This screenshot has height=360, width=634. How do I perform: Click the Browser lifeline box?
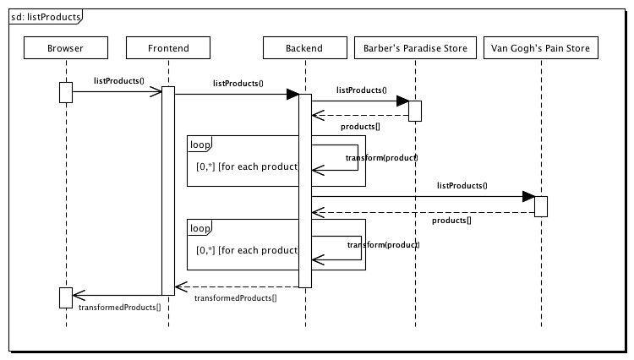pyautogui.click(x=66, y=49)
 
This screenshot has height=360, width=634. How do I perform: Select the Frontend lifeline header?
pyautogui.click(x=167, y=49)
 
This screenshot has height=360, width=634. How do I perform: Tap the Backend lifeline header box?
pyautogui.click(x=304, y=49)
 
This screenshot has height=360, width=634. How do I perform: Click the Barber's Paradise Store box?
pyautogui.click(x=415, y=49)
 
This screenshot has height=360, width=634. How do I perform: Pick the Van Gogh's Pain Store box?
pyautogui.click(x=541, y=49)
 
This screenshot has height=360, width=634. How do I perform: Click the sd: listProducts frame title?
pyautogui.click(x=46, y=17)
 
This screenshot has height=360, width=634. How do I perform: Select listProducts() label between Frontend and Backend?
pyautogui.click(x=238, y=84)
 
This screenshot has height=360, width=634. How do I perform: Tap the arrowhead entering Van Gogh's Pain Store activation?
pyautogui.click(x=528, y=197)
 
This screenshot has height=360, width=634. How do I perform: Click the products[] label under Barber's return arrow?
pyautogui.click(x=360, y=127)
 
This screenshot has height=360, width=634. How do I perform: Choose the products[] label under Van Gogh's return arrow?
pyautogui.click(x=451, y=221)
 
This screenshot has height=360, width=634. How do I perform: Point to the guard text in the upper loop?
pyautogui.click(x=247, y=166)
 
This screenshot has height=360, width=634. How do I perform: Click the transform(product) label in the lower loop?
pyautogui.click(x=383, y=245)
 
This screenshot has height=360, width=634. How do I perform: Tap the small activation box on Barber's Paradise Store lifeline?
pyautogui.click(x=415, y=111)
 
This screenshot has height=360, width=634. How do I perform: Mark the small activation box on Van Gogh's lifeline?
pyautogui.click(x=541, y=205)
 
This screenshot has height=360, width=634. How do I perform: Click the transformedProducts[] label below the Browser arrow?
pyautogui.click(x=119, y=307)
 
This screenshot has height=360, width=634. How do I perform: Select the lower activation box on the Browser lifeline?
pyautogui.click(x=66, y=297)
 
